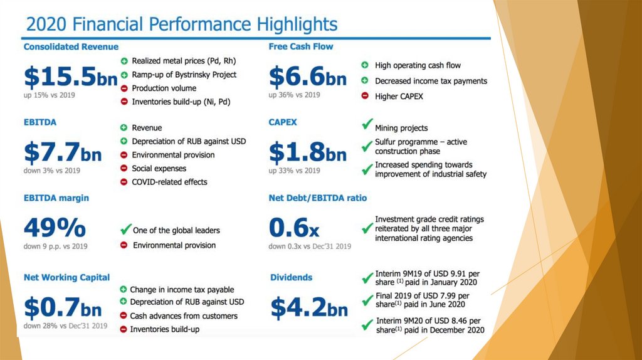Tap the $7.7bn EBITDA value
click(x=62, y=151)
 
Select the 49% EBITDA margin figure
click(x=55, y=226)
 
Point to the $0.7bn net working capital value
click(x=62, y=307)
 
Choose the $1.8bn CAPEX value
click(x=307, y=151)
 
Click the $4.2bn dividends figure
click(x=308, y=307)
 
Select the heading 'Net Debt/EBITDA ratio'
click(x=318, y=198)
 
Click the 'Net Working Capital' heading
click(x=66, y=277)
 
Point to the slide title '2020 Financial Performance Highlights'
click(x=182, y=25)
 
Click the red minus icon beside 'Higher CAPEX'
click(x=365, y=96)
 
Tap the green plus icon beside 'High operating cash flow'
click(x=365, y=65)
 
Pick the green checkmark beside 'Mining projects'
click(x=367, y=127)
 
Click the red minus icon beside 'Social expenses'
click(x=124, y=168)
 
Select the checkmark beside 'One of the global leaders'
click(x=125, y=230)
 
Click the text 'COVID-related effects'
click(x=169, y=182)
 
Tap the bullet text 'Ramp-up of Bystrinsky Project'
click(x=184, y=75)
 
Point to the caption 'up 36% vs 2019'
click(x=294, y=95)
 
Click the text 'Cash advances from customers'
click(x=184, y=316)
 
